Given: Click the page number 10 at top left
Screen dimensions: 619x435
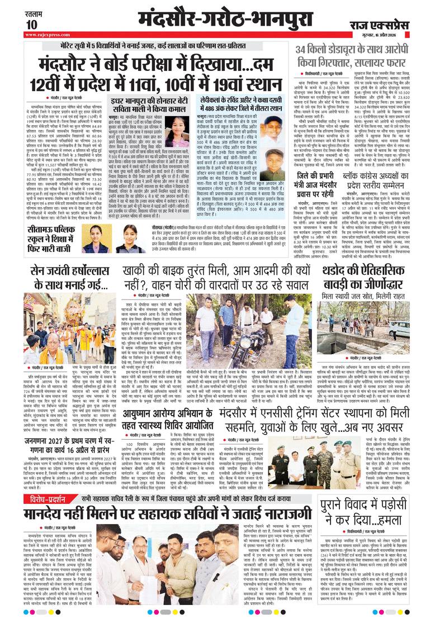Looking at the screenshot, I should pyautogui.click(x=31, y=25).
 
